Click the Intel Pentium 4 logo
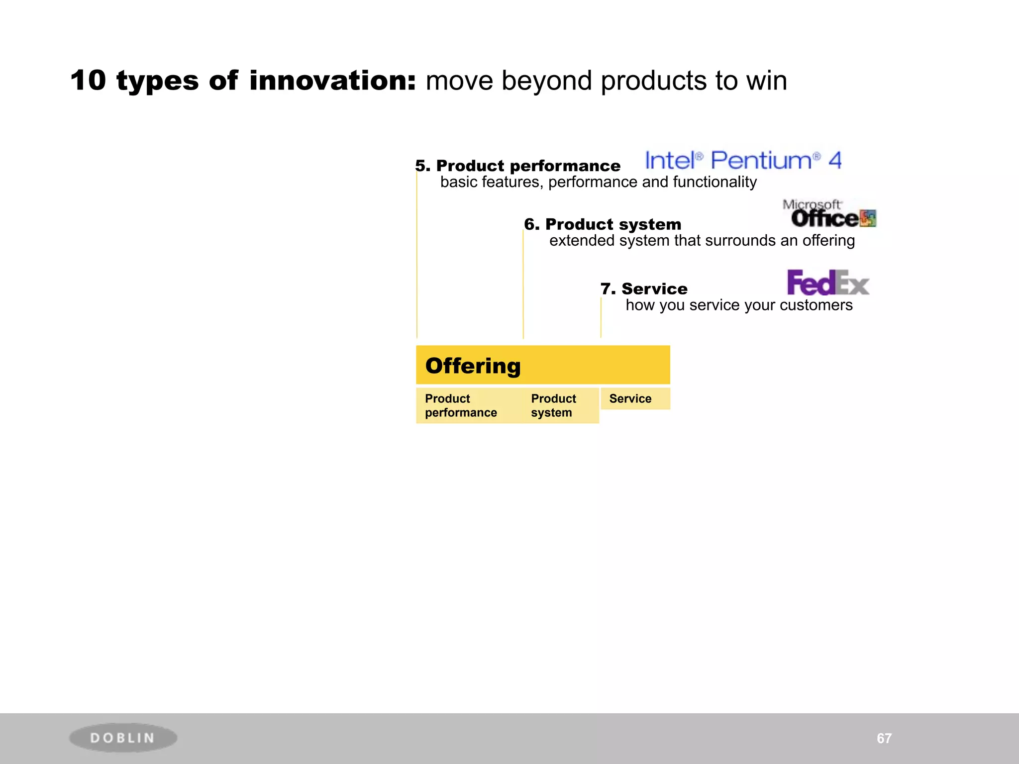pyautogui.click(x=743, y=160)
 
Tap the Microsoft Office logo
pyautogui.click(x=828, y=213)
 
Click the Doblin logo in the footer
pyautogui.click(x=123, y=738)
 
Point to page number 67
pyautogui.click(x=884, y=738)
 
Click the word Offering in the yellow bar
pyautogui.click(x=473, y=366)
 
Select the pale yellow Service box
pyautogui.click(x=635, y=398)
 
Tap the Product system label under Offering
pyautogui.click(x=553, y=405)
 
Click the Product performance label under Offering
pyautogui.click(x=460, y=405)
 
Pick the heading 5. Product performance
pyautogui.click(x=518, y=166)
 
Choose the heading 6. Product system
pyautogui.click(x=603, y=224)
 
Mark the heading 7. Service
pyautogui.click(x=644, y=289)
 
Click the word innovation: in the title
pyautogui.click(x=332, y=81)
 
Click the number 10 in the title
pyautogui.click(x=88, y=81)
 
